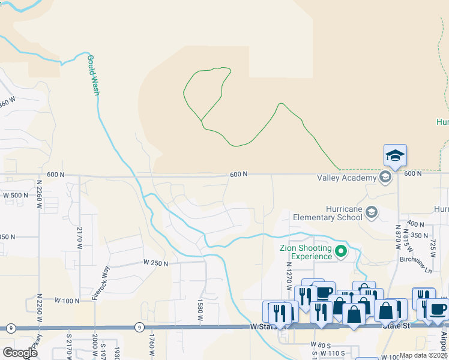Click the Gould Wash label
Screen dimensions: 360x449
[93, 76]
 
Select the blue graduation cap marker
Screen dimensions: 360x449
[396, 156]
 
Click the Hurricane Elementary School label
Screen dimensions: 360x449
[328, 213]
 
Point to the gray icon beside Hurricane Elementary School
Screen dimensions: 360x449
[372, 212]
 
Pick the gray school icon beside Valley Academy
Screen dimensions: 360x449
[385, 177]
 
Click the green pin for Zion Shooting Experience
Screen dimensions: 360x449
[342, 251]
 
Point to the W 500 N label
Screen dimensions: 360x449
[16, 195]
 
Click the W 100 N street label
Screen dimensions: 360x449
[67, 300]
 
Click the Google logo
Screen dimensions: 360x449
[20, 353]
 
